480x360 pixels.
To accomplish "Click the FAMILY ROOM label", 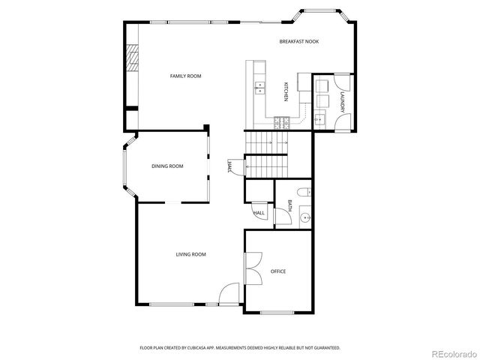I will pyautogui.click(x=185, y=76).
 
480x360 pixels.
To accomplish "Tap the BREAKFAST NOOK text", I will pyautogui.click(x=298, y=41).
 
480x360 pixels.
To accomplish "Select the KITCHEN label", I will pyautogui.click(x=286, y=91).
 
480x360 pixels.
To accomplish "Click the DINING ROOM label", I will pyautogui.click(x=167, y=166).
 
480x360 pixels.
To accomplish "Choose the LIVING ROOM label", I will pyautogui.click(x=190, y=254).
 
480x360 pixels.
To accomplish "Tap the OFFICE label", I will pyautogui.click(x=277, y=271).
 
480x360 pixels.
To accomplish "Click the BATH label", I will pyautogui.click(x=289, y=205).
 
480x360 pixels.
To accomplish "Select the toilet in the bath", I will pyautogui.click(x=302, y=193).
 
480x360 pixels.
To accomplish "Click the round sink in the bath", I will pyautogui.click(x=304, y=219).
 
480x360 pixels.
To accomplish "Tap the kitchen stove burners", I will pyautogui.click(x=280, y=121).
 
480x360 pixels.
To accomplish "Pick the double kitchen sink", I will pyautogui.click(x=260, y=88).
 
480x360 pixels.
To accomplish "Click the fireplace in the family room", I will pyautogui.click(x=132, y=58).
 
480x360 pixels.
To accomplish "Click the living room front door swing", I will pyautogui.click(x=230, y=293).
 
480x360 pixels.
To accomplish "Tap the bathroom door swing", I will pyautogui.click(x=281, y=217).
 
